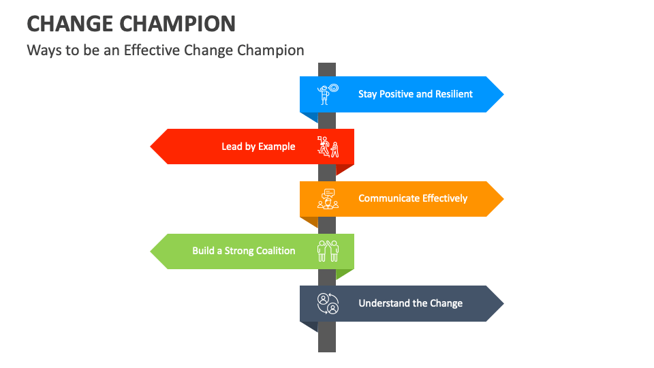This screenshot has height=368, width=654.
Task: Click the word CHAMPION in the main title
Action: (180, 23)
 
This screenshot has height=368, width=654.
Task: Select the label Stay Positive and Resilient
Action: (416, 94)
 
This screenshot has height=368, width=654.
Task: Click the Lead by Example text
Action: (258, 147)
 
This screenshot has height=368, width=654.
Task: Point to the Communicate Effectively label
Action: (413, 198)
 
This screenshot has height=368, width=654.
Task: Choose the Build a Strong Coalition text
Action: (244, 251)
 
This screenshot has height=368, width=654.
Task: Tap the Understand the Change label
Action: (411, 303)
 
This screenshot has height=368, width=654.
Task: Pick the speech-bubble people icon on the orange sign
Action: (328, 198)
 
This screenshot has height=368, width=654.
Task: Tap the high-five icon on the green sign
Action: (328, 251)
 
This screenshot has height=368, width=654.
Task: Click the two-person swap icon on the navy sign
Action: (328, 303)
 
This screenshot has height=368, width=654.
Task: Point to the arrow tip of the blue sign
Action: (502, 94)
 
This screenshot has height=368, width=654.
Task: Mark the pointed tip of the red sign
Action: (152, 147)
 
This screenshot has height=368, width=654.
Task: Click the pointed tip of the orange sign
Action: (502, 198)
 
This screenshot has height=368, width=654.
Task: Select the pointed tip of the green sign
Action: (152, 251)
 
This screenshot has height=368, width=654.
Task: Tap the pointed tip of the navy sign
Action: (502, 303)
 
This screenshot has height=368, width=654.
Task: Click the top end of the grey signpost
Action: (327, 65)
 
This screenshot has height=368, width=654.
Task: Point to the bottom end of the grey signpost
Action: (327, 350)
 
